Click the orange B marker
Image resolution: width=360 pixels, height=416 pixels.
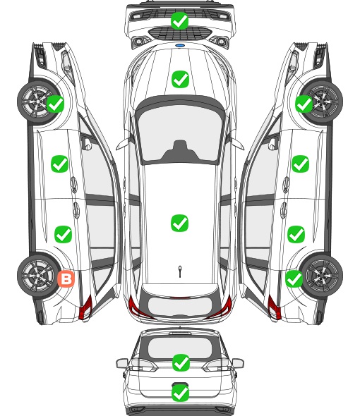[66, 279]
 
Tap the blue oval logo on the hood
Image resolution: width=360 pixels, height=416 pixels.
[180, 46]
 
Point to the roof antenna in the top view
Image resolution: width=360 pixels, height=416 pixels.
[180, 271]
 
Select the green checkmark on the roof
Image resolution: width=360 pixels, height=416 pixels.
[179, 223]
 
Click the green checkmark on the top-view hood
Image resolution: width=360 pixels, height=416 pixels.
[180, 79]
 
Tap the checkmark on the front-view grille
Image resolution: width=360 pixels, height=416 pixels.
[180, 20]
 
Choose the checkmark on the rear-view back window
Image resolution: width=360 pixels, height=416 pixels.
[181, 362]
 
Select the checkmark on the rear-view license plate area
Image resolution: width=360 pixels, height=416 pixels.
[181, 393]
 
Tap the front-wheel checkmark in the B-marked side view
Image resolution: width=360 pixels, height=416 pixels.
[55, 104]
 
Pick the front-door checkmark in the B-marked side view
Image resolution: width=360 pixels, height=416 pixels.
[59, 164]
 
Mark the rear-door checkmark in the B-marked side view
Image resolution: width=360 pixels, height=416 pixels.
[63, 234]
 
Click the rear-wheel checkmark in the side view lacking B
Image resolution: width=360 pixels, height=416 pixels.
[294, 279]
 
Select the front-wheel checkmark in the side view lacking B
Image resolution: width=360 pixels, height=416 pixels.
[304, 104]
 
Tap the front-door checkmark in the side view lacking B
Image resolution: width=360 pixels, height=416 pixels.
[300, 164]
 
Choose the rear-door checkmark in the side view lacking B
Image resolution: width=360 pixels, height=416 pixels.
[296, 234]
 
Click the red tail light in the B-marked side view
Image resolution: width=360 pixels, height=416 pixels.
[85, 307]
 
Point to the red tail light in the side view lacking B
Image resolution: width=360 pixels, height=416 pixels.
[275, 307]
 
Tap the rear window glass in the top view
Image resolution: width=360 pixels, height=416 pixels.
[180, 305]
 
